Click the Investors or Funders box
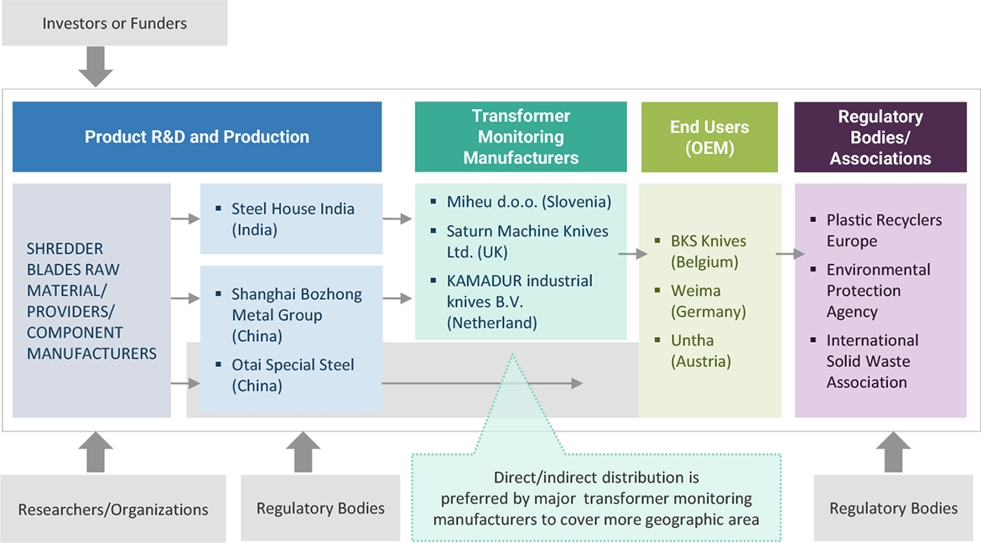click(x=114, y=23)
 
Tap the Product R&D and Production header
click(x=197, y=137)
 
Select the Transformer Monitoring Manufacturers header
click(x=521, y=137)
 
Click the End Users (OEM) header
click(x=709, y=137)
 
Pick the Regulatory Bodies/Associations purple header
click(x=880, y=137)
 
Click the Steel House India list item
click(x=293, y=219)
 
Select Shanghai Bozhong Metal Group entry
click(x=296, y=315)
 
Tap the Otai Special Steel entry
click(x=292, y=375)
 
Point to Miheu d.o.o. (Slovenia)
click(x=528, y=202)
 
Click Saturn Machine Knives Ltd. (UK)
click(x=527, y=241)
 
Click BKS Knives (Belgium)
click(x=708, y=251)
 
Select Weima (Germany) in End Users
click(x=708, y=301)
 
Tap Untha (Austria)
click(x=700, y=351)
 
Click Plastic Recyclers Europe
click(x=883, y=230)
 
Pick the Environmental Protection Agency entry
click(x=877, y=291)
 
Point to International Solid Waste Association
click(x=871, y=361)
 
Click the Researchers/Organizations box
click(x=113, y=509)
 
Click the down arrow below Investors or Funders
click(x=96, y=66)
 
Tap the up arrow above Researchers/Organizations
click(x=96, y=452)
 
